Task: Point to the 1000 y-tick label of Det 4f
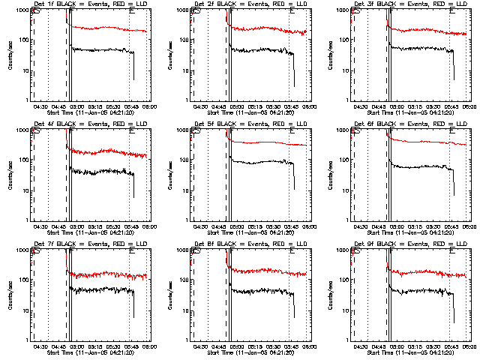[x=22, y=131]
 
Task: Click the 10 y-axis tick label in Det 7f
[x=25, y=310]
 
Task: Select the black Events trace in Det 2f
[x=262, y=50]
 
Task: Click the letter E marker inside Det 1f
[x=133, y=12]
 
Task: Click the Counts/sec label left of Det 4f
[x=10, y=175]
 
